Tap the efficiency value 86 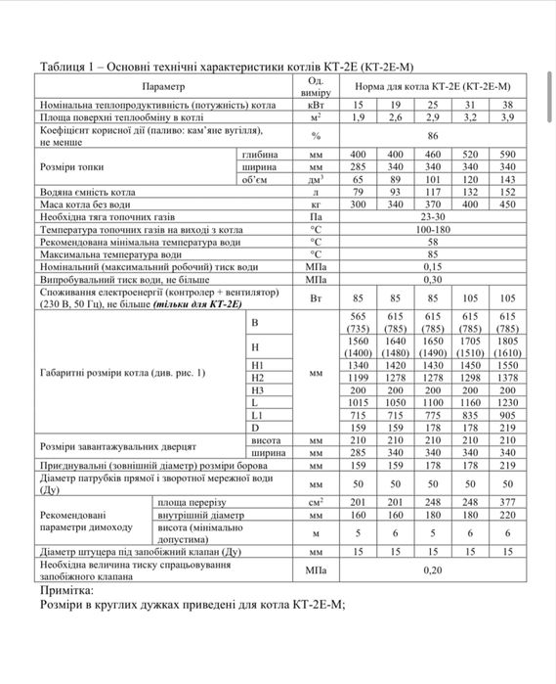tap(432, 136)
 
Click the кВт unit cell tap(316, 104)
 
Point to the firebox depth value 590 tap(506, 155)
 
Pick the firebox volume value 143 tap(506, 180)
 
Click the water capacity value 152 tap(506, 193)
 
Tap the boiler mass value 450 tap(506, 205)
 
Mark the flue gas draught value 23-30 tap(432, 218)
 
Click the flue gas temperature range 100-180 tap(432, 230)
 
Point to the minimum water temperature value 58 tap(432, 242)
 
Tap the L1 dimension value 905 tap(506, 415)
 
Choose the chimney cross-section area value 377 tap(506, 501)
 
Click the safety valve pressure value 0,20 tap(432, 570)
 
